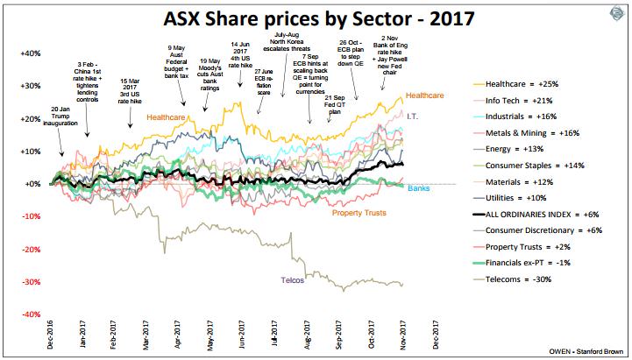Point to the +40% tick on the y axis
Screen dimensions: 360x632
point(29,53)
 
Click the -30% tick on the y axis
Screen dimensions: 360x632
point(29,281)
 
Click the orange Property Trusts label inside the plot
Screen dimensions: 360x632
point(360,213)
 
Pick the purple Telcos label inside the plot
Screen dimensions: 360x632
point(293,279)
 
